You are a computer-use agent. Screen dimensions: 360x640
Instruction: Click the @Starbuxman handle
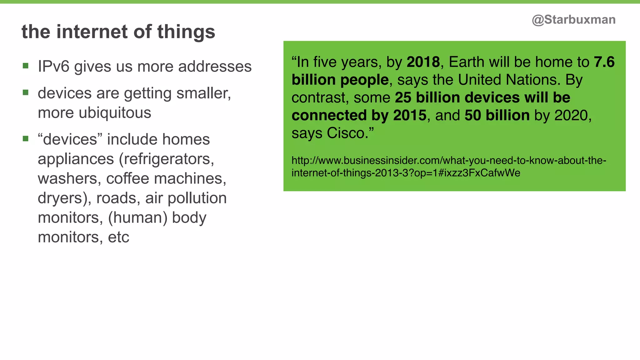point(573,20)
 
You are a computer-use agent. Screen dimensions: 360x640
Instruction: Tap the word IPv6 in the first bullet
point(53,67)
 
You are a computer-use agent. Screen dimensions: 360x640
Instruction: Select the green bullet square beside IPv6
point(26,66)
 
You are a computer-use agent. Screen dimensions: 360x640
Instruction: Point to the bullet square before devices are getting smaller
point(26,92)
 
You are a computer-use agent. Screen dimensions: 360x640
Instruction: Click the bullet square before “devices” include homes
point(26,138)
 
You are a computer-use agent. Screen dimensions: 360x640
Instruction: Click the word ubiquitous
point(115,113)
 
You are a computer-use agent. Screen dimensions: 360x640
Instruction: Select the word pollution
point(197,198)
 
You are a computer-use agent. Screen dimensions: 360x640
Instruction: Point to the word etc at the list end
point(118,237)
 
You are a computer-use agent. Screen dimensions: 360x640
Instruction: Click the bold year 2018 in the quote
point(423,62)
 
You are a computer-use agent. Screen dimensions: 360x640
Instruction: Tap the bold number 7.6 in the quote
point(604,62)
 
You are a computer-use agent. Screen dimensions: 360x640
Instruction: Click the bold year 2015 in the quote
point(410,115)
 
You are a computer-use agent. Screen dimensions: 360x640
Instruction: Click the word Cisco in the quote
point(346,133)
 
